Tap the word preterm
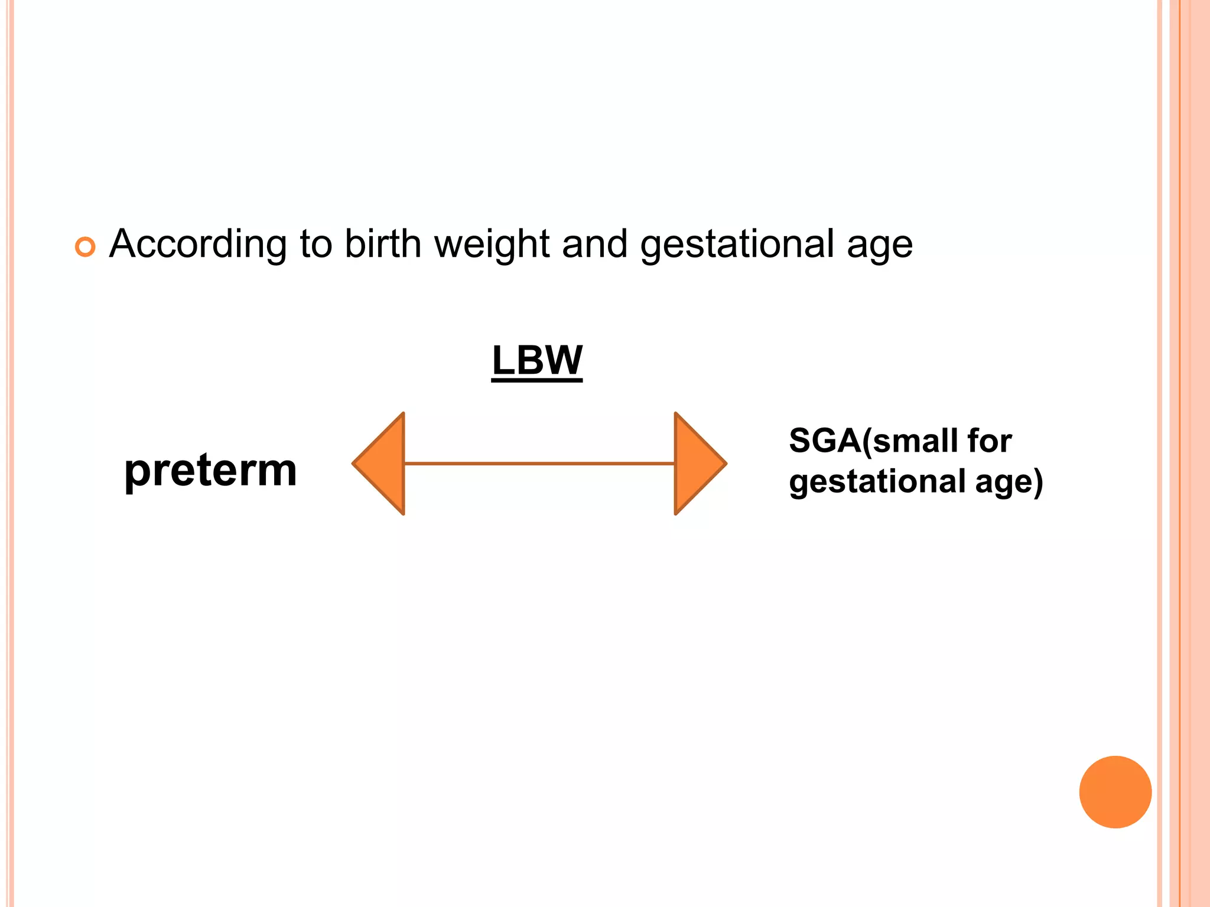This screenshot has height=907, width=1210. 210,471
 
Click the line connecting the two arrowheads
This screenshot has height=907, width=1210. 539,464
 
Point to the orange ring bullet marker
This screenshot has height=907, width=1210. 85,247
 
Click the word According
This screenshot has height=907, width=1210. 197,244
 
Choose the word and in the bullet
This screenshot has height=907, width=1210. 594,243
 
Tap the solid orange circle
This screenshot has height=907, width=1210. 1115,792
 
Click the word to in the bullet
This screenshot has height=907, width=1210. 316,243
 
